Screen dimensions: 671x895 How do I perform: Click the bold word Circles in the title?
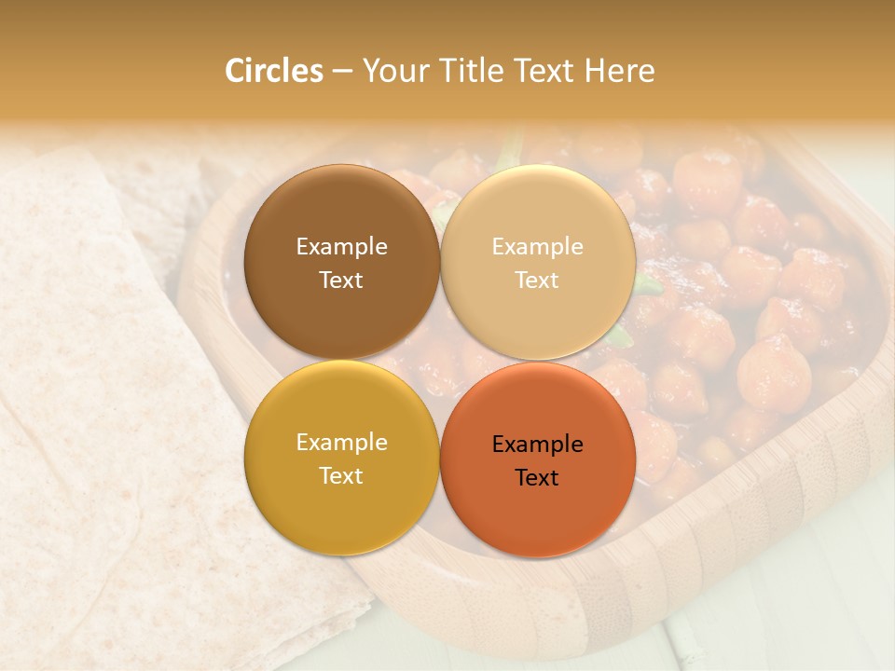pos(273,71)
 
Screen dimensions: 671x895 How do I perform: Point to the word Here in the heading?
pos(619,71)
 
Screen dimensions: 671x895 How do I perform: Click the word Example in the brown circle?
pos(341,247)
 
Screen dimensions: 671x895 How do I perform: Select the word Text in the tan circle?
pos(537,281)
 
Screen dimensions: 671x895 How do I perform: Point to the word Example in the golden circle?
pos(341,443)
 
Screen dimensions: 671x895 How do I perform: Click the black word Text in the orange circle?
pos(537,478)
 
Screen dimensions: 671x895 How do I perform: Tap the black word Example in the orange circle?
pos(537,445)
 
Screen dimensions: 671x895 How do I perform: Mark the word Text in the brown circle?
pos(341,281)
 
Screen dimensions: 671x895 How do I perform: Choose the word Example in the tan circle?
pos(537,247)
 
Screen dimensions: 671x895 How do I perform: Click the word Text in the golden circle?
pos(341,476)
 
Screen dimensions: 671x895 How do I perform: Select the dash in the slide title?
pos(342,72)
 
